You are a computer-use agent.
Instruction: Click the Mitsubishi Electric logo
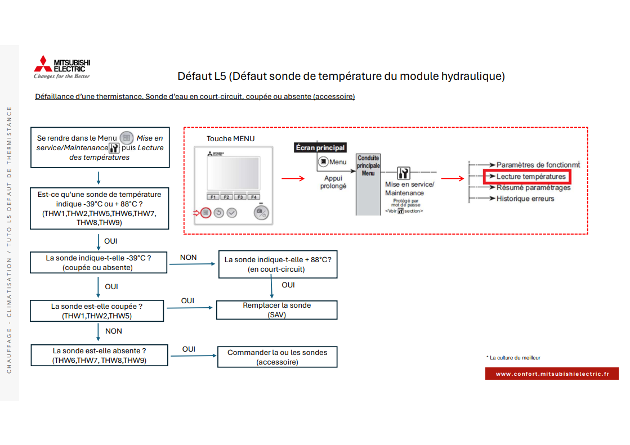[x=62, y=68]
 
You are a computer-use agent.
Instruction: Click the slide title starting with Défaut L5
[x=341, y=75]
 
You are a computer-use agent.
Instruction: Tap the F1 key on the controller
[x=213, y=197]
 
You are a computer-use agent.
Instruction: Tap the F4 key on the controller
[x=254, y=197]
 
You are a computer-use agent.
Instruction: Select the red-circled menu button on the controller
[x=206, y=213]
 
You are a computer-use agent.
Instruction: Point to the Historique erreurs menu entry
[x=525, y=199]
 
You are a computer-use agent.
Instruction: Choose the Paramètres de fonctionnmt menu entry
[x=538, y=165]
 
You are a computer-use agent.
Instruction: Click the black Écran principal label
[x=320, y=147]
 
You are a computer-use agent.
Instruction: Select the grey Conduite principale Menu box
[x=368, y=184]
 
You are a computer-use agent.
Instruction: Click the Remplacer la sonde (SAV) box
[x=277, y=310]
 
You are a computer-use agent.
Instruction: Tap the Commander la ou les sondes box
[x=277, y=357]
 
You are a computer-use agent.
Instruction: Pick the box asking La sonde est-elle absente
[x=99, y=355]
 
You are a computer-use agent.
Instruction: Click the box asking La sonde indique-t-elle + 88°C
[x=278, y=264]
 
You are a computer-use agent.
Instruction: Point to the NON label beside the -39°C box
[x=189, y=258]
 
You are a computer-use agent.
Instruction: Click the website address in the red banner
[x=552, y=374]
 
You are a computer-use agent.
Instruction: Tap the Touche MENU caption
[x=230, y=139]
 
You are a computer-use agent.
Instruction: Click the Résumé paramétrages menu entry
[x=533, y=187]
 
